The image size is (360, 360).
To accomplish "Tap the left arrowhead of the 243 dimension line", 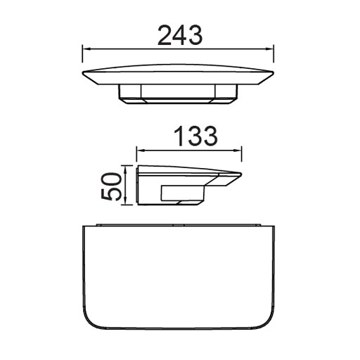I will [x=86, y=49].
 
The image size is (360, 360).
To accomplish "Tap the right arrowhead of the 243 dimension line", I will [x=271, y=49].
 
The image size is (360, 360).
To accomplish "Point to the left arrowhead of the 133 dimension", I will [x=139, y=149].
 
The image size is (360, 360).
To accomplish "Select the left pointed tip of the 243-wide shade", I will [x=84, y=72].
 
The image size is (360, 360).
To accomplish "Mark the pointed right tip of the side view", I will [x=241, y=174].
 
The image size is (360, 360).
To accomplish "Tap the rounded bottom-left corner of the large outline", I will [x=89, y=326].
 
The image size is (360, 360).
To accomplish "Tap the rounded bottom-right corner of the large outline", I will [x=266, y=326].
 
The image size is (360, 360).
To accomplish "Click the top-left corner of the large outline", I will [x=84, y=226].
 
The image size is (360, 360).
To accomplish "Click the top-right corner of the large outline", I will [x=271, y=226].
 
